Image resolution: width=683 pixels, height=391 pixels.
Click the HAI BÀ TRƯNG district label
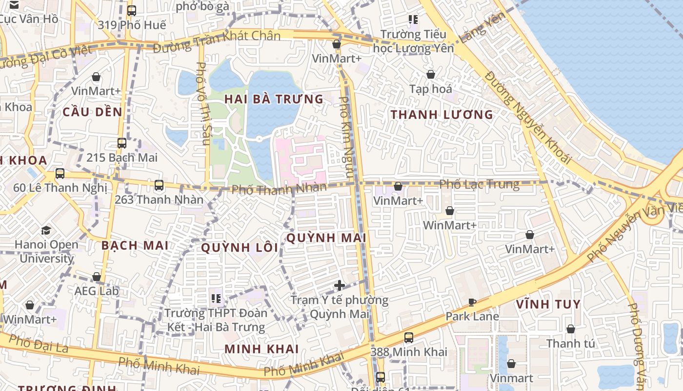(x=274, y=99)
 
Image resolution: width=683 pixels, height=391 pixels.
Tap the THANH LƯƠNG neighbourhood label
(x=442, y=115)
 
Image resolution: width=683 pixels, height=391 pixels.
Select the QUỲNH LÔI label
(x=240, y=248)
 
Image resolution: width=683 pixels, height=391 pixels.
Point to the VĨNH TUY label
(x=548, y=304)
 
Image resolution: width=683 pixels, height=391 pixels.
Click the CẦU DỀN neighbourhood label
(x=92, y=112)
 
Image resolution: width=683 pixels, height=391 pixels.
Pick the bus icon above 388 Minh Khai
(x=409, y=337)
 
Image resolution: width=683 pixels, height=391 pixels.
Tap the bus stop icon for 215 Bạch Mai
(x=122, y=143)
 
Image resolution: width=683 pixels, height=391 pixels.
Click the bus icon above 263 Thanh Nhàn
(x=159, y=185)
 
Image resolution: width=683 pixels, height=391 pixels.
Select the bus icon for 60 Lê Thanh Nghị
(x=60, y=174)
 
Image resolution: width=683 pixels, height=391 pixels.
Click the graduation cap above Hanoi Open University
(x=46, y=230)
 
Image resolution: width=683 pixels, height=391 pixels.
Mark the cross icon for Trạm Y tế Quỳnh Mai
(x=340, y=285)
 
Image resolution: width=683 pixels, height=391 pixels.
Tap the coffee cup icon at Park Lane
(x=472, y=302)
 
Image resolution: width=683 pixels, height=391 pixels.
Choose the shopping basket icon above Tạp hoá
(x=431, y=74)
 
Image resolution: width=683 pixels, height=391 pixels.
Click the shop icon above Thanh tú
(x=570, y=329)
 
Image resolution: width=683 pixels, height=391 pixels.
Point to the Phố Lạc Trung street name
(x=479, y=184)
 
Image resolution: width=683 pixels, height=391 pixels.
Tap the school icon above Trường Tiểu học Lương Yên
(x=413, y=20)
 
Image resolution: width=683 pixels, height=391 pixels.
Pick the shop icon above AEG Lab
(x=97, y=277)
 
